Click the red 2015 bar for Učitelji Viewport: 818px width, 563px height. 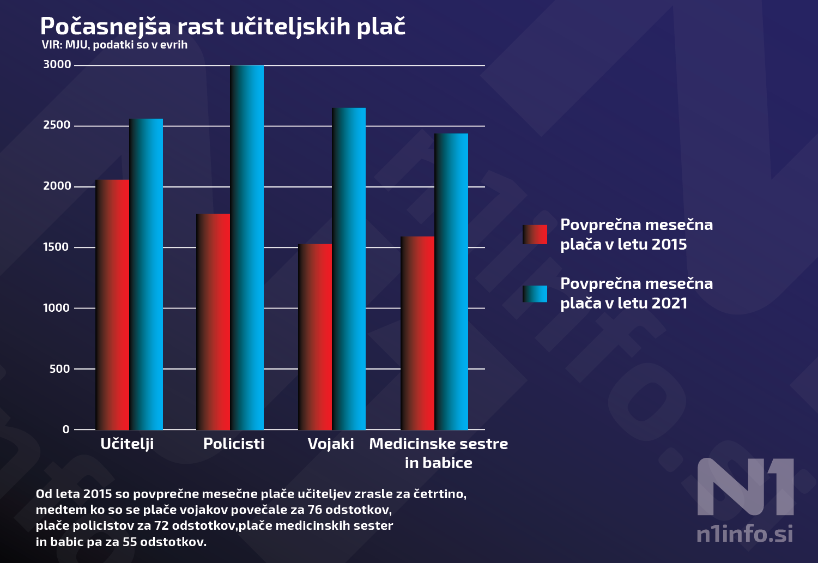(112, 305)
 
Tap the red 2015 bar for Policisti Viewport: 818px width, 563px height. (213, 322)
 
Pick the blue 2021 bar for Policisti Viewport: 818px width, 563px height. (247, 247)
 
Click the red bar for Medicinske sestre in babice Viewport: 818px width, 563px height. (417, 333)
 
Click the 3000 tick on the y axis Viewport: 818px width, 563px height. (57, 65)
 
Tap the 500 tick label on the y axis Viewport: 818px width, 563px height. (60, 369)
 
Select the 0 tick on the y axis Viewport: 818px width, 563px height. (66, 429)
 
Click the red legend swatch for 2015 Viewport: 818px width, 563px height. (535, 234)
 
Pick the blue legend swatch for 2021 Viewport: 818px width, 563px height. (535, 294)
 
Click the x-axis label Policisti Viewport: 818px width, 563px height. (234, 444)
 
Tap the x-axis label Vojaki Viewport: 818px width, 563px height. (331, 444)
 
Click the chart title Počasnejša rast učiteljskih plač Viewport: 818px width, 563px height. (223, 26)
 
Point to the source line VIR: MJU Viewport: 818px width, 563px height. (114, 45)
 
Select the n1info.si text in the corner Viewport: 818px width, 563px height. (745, 534)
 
